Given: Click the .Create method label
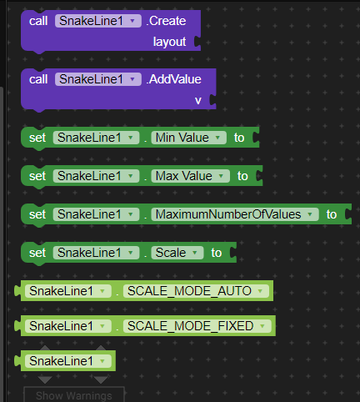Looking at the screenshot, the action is coord(166,21).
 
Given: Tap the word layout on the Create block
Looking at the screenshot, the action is coord(169,42).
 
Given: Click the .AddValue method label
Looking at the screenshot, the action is coord(174,79).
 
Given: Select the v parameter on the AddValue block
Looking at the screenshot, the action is coord(198,100).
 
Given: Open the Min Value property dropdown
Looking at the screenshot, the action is coord(188,138).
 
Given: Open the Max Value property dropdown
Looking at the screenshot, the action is coord(190,176).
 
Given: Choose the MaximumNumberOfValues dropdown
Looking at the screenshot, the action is coord(235,214).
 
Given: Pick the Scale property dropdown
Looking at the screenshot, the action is coord(177,253).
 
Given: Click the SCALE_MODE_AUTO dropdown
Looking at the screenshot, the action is coord(196,291).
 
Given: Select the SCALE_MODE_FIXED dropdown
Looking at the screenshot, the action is coord(197,326).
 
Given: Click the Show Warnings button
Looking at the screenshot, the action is coord(74,394).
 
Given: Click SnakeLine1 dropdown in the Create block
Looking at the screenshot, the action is coord(98,21).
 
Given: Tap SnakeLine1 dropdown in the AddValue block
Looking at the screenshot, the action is coord(98,79).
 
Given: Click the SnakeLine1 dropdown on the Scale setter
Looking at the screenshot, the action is coord(96,253).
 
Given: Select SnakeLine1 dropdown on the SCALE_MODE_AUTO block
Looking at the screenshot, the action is coord(68,291).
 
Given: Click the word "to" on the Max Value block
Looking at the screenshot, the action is coord(242,176).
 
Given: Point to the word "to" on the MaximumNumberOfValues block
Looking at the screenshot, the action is coord(332,214).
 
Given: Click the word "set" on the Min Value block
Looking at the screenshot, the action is coord(37,138).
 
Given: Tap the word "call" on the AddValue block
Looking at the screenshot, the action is coord(38,79).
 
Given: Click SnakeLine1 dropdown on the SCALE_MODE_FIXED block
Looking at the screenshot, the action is coord(68,326).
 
